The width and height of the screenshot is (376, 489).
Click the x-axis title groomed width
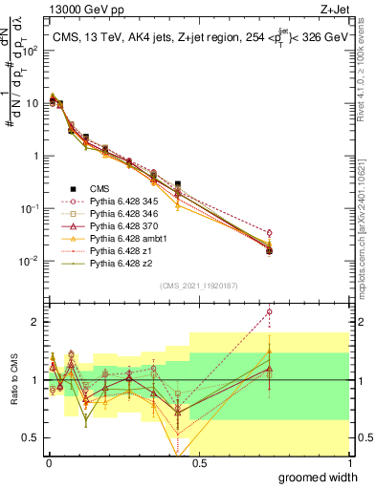325,476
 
